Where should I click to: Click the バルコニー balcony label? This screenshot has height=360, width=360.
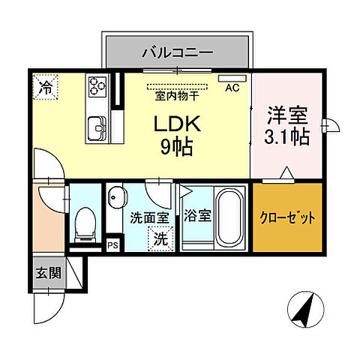point(177,52)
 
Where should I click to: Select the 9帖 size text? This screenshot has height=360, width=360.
point(175,146)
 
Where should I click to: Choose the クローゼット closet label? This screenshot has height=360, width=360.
point(288,218)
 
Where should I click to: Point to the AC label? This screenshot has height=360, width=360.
point(232,88)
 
